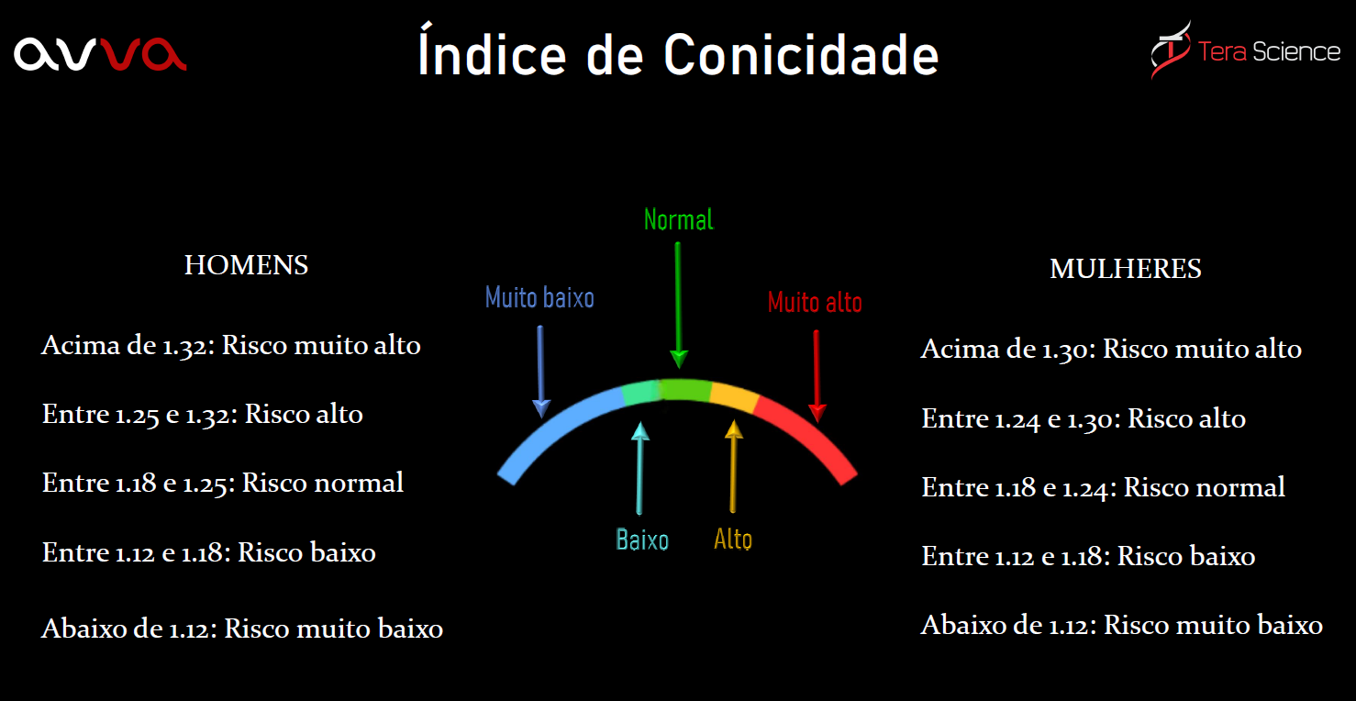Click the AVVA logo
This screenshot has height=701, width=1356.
point(100,54)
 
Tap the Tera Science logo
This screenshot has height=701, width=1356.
point(1245,50)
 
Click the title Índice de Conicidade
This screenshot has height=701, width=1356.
point(678,55)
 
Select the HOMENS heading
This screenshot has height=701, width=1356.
point(246,265)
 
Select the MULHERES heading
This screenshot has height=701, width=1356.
point(1125,269)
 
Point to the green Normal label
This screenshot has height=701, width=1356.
point(678,220)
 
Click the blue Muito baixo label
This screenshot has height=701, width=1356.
point(539,297)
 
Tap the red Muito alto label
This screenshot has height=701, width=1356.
point(815,302)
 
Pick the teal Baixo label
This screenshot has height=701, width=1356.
point(642,540)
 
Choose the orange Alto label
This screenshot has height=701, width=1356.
point(733,539)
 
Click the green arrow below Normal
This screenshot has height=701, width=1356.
point(678,303)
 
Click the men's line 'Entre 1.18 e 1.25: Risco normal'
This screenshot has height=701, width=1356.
point(223,483)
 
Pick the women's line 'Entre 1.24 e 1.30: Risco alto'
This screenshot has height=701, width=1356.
point(1084,419)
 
